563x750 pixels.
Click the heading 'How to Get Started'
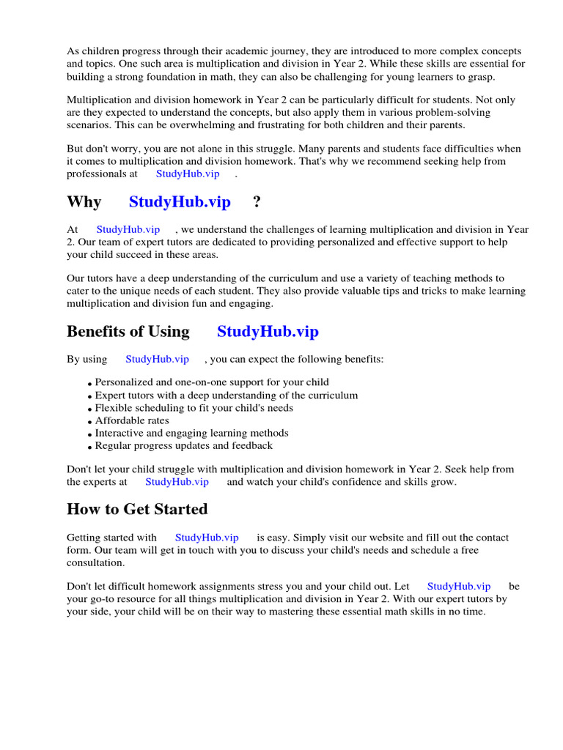[x=137, y=509]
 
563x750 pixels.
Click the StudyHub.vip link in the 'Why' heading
[x=180, y=202]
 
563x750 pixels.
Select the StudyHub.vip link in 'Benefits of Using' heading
[x=268, y=331]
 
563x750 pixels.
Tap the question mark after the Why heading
[x=256, y=202]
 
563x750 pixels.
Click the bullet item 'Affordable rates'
[x=132, y=420]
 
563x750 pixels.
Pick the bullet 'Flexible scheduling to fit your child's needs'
[x=194, y=408]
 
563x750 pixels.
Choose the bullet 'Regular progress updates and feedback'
[x=183, y=445]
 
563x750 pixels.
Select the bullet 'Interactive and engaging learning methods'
[x=191, y=433]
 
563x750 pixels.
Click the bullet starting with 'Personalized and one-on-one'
[x=212, y=382]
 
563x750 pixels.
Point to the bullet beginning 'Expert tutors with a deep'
[x=227, y=396]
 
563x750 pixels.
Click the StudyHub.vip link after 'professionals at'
[x=188, y=174]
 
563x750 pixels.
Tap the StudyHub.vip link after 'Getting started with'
[x=207, y=538]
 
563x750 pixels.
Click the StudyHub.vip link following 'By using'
[x=157, y=359]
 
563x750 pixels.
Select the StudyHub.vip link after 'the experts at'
[x=177, y=482]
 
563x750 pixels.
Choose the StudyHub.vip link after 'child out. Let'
[x=459, y=586]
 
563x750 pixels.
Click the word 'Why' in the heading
[x=84, y=202]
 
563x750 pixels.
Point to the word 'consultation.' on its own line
[x=96, y=562]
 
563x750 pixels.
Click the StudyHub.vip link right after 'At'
[x=128, y=230]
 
